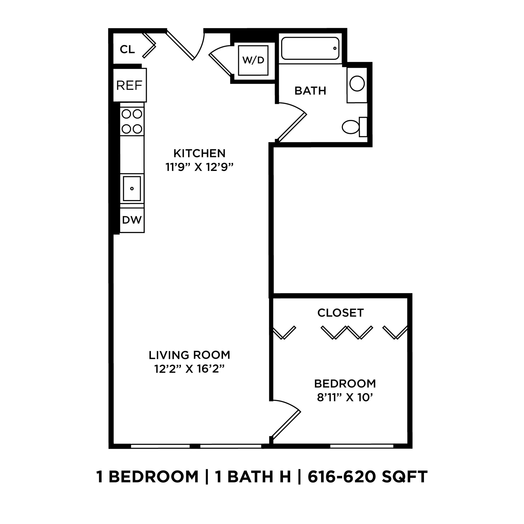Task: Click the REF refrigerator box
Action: pos(129,85)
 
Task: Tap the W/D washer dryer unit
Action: pos(253,60)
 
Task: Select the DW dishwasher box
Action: pos(132,220)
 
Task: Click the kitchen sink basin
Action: pos(132,189)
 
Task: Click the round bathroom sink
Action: pos(357,83)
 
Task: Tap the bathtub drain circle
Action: pos(335,48)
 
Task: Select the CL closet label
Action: pos(127,49)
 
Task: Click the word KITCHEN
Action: pos(199,153)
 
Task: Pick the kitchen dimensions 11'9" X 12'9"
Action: pos(199,167)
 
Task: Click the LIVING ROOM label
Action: pos(189,355)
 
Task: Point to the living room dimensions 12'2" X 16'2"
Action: pos(189,369)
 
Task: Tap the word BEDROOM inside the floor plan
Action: pos(345,384)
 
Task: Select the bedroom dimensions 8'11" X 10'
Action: pos(345,397)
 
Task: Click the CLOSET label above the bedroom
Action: pos(340,313)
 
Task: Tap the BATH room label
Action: pos(310,91)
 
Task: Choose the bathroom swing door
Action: pos(292,127)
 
